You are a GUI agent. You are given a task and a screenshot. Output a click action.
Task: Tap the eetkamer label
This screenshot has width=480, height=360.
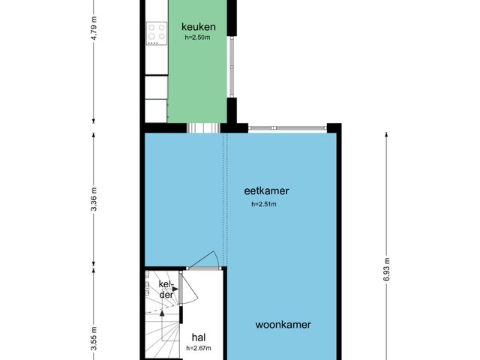(266, 190)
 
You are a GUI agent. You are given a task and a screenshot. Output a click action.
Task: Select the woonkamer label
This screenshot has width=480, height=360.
(283, 325)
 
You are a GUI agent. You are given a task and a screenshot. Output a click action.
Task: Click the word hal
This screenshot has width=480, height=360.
(199, 337)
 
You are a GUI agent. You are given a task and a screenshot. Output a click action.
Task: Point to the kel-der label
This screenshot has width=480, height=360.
(166, 289)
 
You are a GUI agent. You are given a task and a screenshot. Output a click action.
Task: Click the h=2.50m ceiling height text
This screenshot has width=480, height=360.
(197, 37)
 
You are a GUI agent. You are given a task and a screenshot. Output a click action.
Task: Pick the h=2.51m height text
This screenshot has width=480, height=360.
(264, 204)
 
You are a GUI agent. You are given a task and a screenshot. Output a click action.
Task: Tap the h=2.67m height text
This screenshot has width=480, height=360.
(199, 348)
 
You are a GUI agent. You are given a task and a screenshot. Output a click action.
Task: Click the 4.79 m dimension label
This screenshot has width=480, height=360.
(94, 28)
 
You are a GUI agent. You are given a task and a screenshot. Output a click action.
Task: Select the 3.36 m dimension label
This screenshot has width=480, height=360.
(94, 199)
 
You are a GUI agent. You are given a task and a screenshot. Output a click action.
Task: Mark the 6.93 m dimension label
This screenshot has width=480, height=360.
(386, 270)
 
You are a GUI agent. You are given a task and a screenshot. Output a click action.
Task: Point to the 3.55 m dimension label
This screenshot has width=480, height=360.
(94, 338)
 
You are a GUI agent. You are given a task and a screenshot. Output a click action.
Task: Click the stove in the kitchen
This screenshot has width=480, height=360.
(157, 33)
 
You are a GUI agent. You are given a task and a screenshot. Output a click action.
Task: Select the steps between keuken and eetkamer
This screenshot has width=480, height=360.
(203, 128)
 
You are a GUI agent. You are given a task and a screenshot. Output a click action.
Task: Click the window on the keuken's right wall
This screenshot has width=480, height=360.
(232, 67)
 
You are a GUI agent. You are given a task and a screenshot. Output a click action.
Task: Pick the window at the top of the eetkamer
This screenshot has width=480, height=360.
(287, 127)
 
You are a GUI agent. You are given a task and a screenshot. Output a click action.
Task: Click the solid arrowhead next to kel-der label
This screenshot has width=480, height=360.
(175, 289)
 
